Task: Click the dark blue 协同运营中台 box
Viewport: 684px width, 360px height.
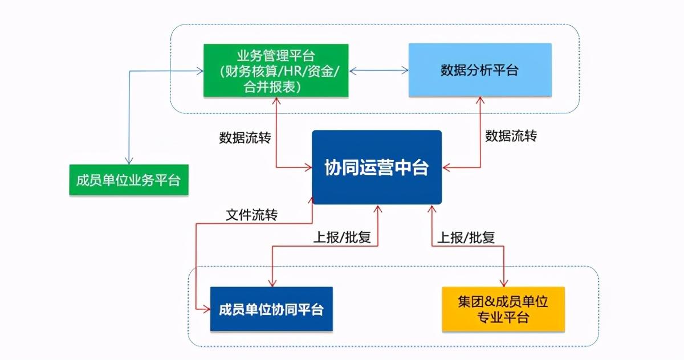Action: click(x=377, y=167)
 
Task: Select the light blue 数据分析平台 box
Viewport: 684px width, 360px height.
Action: click(x=480, y=70)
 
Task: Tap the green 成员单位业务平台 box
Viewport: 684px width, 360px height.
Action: click(x=128, y=181)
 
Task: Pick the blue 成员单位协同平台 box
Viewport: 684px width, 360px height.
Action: click(x=271, y=309)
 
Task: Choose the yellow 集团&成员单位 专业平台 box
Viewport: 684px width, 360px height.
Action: click(x=503, y=309)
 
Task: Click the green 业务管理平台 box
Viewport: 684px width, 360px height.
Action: click(x=276, y=71)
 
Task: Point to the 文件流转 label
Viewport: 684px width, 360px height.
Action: click(x=251, y=216)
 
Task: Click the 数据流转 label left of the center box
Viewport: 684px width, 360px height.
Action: click(x=245, y=137)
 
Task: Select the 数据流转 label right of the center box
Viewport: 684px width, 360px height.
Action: click(x=511, y=136)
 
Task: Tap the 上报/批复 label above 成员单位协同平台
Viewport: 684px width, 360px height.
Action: click(x=342, y=237)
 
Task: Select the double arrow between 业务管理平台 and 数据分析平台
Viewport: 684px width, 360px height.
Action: click(x=378, y=71)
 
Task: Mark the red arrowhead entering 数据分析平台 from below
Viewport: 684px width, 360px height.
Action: click(x=480, y=101)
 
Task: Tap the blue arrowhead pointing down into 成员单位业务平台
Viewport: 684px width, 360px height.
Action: click(x=130, y=161)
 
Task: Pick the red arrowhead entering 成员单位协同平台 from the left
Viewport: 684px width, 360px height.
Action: click(x=206, y=309)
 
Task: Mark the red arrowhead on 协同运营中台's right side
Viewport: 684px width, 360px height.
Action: click(x=446, y=167)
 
